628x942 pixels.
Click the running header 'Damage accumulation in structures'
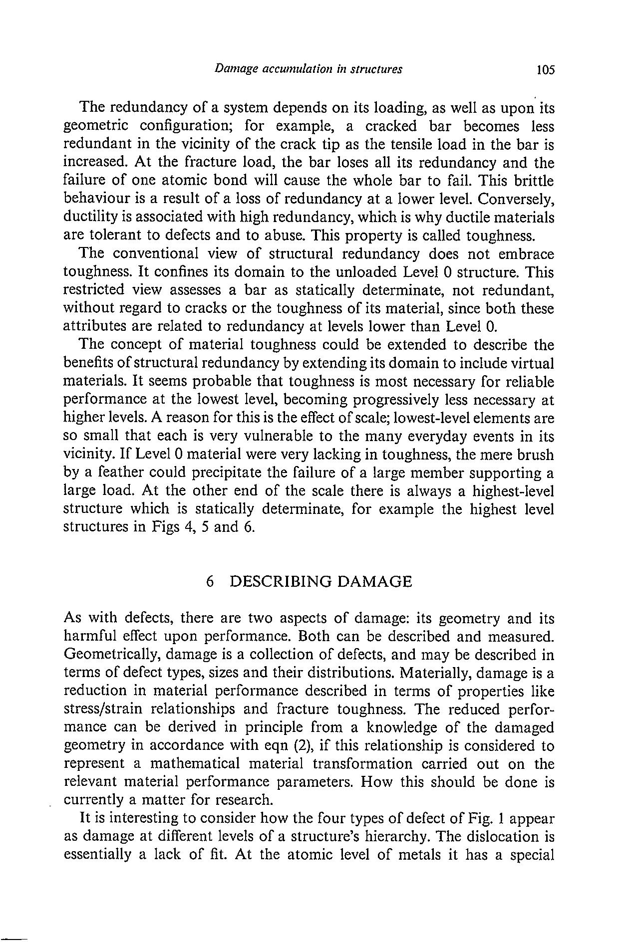(x=308, y=69)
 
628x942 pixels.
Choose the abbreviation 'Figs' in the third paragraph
(x=165, y=527)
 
